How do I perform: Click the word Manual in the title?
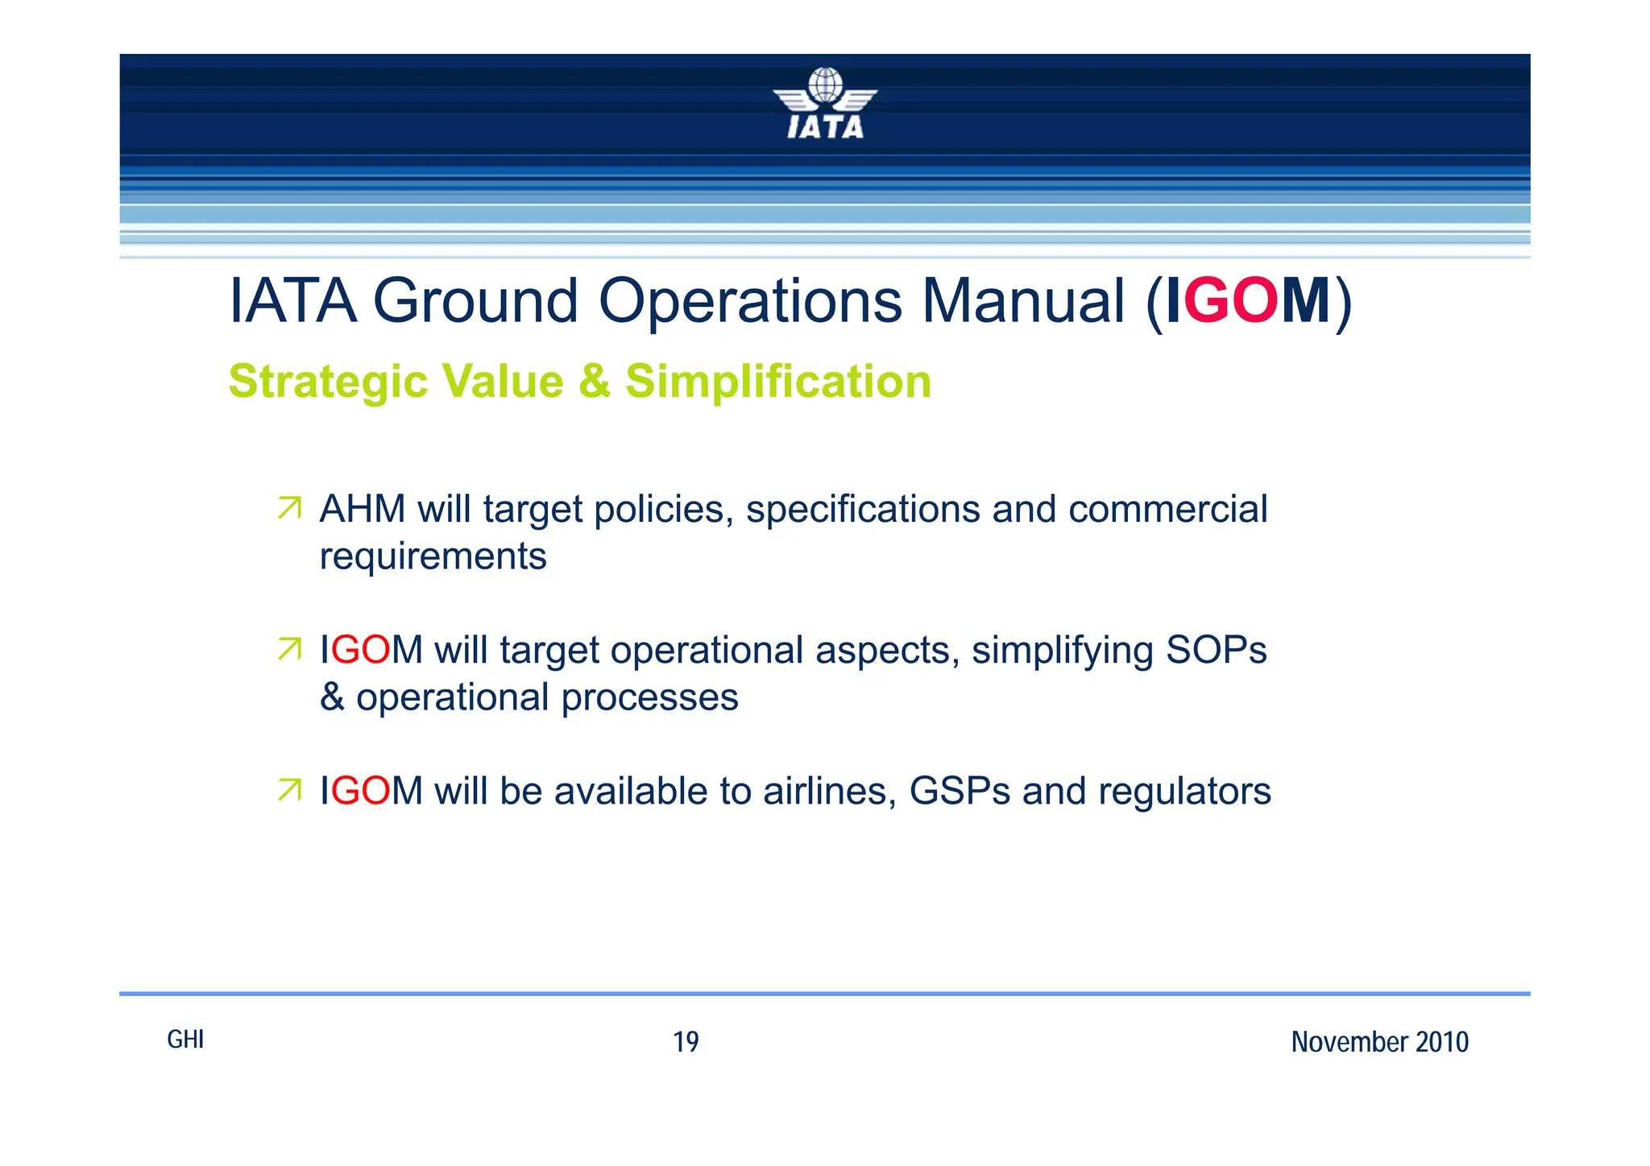coord(1022,301)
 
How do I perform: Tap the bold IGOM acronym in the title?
coord(1248,301)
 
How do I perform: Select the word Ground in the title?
coord(475,301)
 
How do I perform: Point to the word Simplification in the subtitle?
coord(777,382)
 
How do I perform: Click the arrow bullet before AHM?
coord(289,508)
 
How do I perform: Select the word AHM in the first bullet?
coord(362,509)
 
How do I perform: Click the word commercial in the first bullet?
coord(1167,509)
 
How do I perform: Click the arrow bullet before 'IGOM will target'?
coord(289,649)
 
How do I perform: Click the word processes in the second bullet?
coord(649,698)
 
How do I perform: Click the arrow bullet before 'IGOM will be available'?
coord(289,790)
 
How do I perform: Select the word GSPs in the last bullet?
coord(960,791)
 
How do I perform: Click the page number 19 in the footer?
coord(686,1042)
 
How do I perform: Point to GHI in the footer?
coord(185,1040)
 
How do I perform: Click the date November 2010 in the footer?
coord(1379,1042)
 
